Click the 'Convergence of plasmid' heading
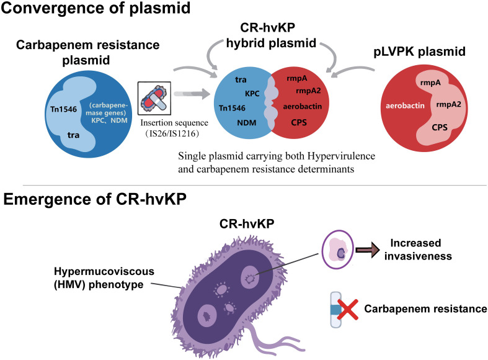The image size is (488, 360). pyautogui.click(x=95, y=7)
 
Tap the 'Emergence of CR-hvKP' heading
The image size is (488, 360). pyautogui.click(x=95, y=199)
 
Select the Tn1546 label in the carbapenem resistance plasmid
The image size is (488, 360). pyautogui.click(x=63, y=109)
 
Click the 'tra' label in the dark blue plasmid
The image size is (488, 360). pyautogui.click(x=73, y=135)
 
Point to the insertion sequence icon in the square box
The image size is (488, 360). pyautogui.click(x=154, y=99)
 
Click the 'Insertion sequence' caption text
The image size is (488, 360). pyautogui.click(x=174, y=123)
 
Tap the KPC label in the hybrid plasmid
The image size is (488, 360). pyautogui.click(x=252, y=94)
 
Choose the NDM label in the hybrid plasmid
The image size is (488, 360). pyautogui.click(x=247, y=123)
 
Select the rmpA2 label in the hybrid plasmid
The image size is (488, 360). pyautogui.click(x=308, y=91)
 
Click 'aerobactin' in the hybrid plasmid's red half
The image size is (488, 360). pyautogui.click(x=302, y=107)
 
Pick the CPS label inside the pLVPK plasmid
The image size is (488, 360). pyautogui.click(x=440, y=127)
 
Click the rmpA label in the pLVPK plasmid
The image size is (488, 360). pyautogui.click(x=430, y=83)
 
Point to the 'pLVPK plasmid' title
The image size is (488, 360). pyautogui.click(x=419, y=52)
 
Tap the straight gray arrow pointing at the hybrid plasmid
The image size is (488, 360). pyautogui.click(x=192, y=94)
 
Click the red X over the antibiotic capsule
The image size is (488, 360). pyautogui.click(x=348, y=310)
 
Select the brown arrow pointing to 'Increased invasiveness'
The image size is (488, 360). pyautogui.click(x=368, y=250)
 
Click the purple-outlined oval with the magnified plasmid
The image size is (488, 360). pyautogui.click(x=337, y=250)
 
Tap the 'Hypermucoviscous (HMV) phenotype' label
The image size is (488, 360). pyautogui.click(x=104, y=278)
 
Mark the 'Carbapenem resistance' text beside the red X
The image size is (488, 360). pyautogui.click(x=425, y=308)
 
